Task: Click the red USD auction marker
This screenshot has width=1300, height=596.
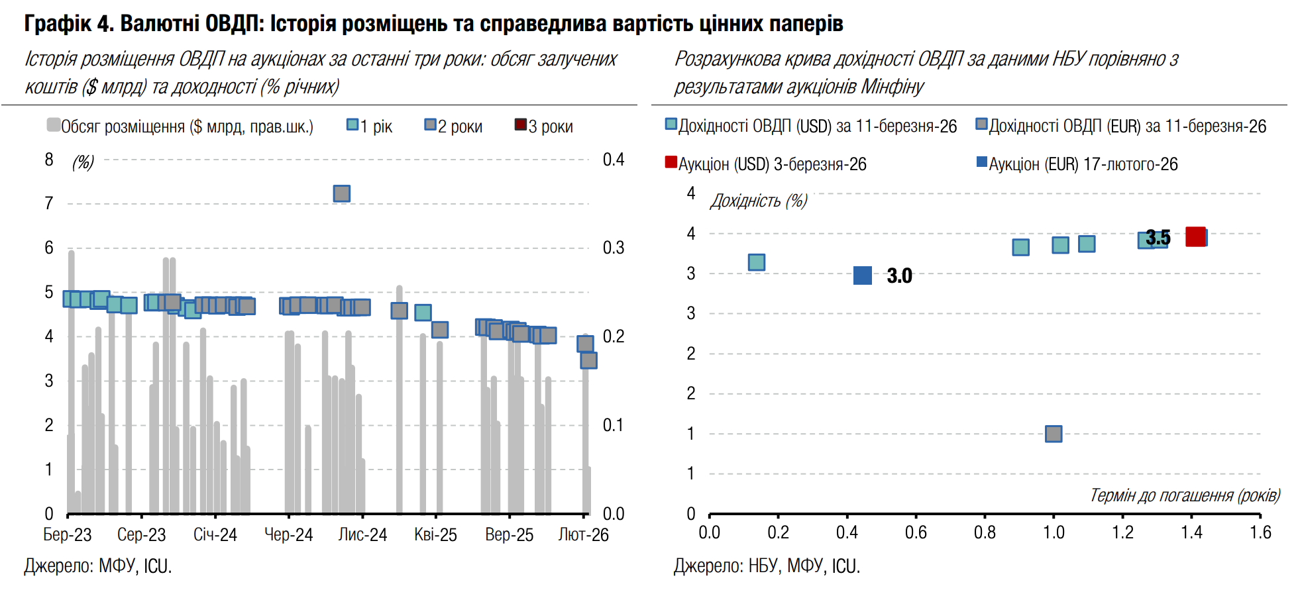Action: [1195, 236]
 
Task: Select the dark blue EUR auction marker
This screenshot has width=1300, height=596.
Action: [863, 275]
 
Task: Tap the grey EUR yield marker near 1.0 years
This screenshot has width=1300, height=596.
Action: [1054, 434]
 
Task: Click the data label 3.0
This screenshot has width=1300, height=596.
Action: [899, 275]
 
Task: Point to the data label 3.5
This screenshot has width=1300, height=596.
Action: [1158, 237]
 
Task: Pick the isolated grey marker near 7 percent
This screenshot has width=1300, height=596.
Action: [341, 193]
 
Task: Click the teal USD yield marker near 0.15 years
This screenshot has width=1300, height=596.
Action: [757, 262]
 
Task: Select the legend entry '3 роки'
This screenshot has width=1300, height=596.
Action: [544, 126]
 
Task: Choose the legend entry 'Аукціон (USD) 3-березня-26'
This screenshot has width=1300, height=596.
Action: [766, 164]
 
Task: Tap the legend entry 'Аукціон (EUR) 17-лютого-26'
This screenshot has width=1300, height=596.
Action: [1077, 164]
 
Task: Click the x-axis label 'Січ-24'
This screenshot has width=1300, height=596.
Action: [215, 535]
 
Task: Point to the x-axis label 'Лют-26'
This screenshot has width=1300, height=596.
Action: [583, 535]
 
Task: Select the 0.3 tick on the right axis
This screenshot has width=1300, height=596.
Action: [613, 248]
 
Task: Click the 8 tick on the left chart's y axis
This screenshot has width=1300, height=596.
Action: [49, 160]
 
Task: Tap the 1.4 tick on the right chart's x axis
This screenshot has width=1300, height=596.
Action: [1191, 532]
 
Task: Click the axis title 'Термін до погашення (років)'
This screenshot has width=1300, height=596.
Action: [1185, 495]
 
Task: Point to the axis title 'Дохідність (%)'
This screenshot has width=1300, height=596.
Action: [759, 201]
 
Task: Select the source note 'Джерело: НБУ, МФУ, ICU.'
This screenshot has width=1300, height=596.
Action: [767, 566]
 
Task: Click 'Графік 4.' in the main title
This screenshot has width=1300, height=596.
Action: [69, 24]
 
